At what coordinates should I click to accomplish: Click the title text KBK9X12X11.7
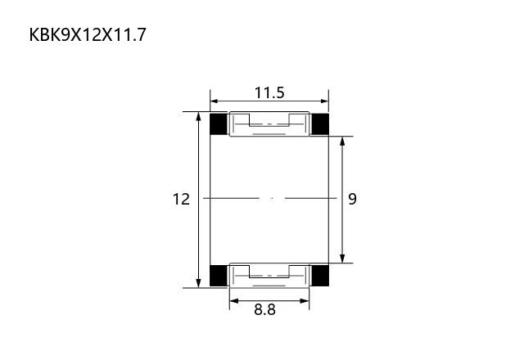point(88,34)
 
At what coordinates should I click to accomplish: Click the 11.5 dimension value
point(269,92)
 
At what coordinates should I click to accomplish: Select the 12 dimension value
point(181,199)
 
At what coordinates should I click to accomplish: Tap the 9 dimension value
point(353,199)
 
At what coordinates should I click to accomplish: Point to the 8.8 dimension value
point(264,309)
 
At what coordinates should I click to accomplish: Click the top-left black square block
point(219,124)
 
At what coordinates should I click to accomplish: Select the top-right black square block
point(320,124)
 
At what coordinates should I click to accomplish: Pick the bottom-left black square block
point(219,276)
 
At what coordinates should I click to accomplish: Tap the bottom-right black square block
point(320,276)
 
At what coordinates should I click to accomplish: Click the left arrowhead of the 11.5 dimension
point(215,101)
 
